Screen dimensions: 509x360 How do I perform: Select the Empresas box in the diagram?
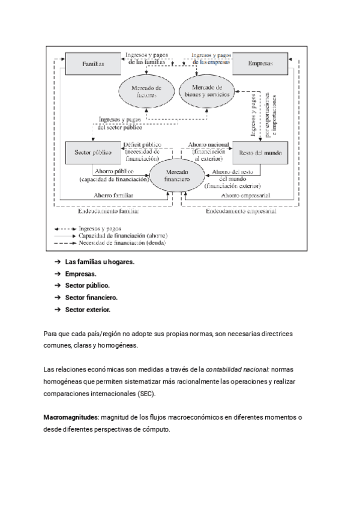point(259,63)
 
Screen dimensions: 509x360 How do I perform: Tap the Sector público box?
point(89,152)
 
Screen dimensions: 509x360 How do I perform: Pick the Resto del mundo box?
point(259,152)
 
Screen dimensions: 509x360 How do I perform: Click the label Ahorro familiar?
point(113,196)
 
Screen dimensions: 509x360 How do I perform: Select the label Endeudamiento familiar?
point(109,211)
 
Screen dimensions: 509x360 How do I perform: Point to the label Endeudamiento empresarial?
point(241,211)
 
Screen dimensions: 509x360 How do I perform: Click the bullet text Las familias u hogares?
point(100,262)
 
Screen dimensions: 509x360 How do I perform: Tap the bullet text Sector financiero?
point(91,298)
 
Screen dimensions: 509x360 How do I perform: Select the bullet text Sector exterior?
point(88,310)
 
